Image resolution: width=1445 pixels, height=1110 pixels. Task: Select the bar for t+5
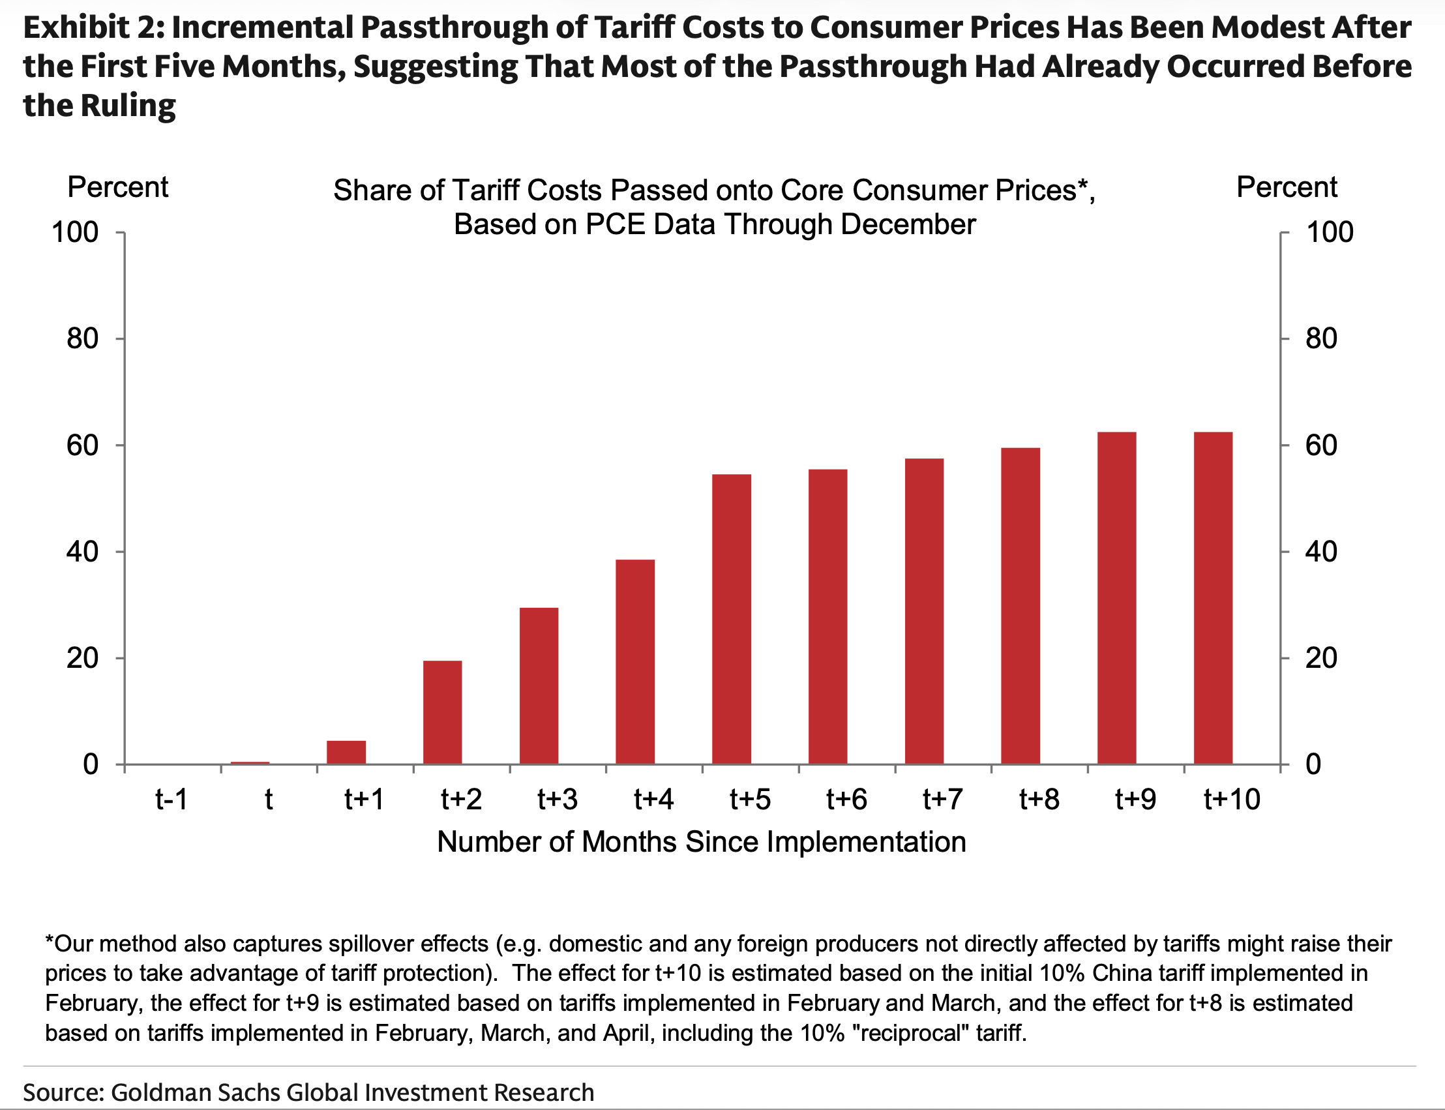pyautogui.click(x=731, y=619)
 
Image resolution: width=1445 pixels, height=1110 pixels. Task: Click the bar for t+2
pyautogui.click(x=443, y=712)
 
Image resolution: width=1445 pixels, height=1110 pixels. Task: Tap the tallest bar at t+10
pyautogui.click(x=1214, y=598)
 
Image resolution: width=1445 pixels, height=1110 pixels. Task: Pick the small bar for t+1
pyautogui.click(x=346, y=753)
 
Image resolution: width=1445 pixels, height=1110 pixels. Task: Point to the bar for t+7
pyautogui.click(x=924, y=611)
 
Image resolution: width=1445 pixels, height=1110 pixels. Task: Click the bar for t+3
pyautogui.click(x=539, y=686)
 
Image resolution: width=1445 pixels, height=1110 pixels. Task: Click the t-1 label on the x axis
pyautogui.click(x=171, y=800)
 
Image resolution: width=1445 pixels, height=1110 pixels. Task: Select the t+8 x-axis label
pyautogui.click(x=1039, y=800)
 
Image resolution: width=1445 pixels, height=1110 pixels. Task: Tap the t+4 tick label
pyautogui.click(x=653, y=800)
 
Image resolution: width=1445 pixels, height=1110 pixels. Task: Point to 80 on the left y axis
pyautogui.click(x=83, y=339)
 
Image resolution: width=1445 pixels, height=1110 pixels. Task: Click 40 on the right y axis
pyautogui.click(x=1322, y=552)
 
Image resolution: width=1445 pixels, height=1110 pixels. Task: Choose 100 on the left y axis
pyautogui.click(x=75, y=233)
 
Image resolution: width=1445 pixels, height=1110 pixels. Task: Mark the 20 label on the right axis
pyautogui.click(x=1322, y=658)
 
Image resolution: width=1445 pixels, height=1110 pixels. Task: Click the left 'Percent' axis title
pyautogui.click(x=117, y=188)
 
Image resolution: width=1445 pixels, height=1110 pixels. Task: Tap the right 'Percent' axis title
pyautogui.click(x=1287, y=188)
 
